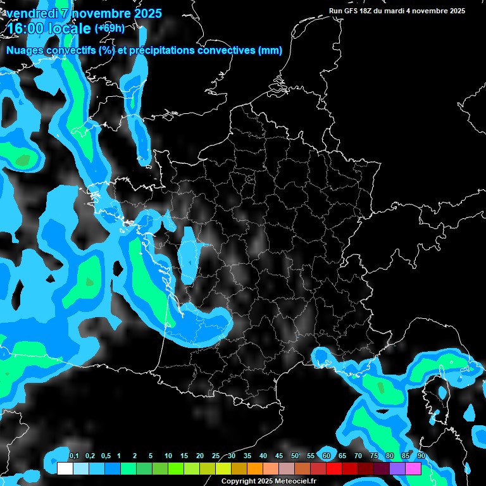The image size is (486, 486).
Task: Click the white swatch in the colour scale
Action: pos(65,468)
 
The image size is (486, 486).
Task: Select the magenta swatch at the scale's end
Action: pos(413,468)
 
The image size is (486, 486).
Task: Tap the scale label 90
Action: pos(421,456)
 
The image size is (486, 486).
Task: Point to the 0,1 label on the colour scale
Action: pos(73,456)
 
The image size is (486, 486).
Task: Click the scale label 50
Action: pos(295,456)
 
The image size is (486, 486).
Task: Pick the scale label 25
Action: pos(216,456)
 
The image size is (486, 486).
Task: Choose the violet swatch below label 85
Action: pos(397,468)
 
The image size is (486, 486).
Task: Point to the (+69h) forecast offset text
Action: pos(109,28)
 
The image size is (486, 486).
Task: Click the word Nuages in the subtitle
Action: pos(25,51)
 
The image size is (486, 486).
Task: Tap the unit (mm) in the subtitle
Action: pos(270,51)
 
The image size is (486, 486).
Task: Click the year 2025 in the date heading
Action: pos(146,13)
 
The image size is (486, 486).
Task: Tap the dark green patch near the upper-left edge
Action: pos(23,161)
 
